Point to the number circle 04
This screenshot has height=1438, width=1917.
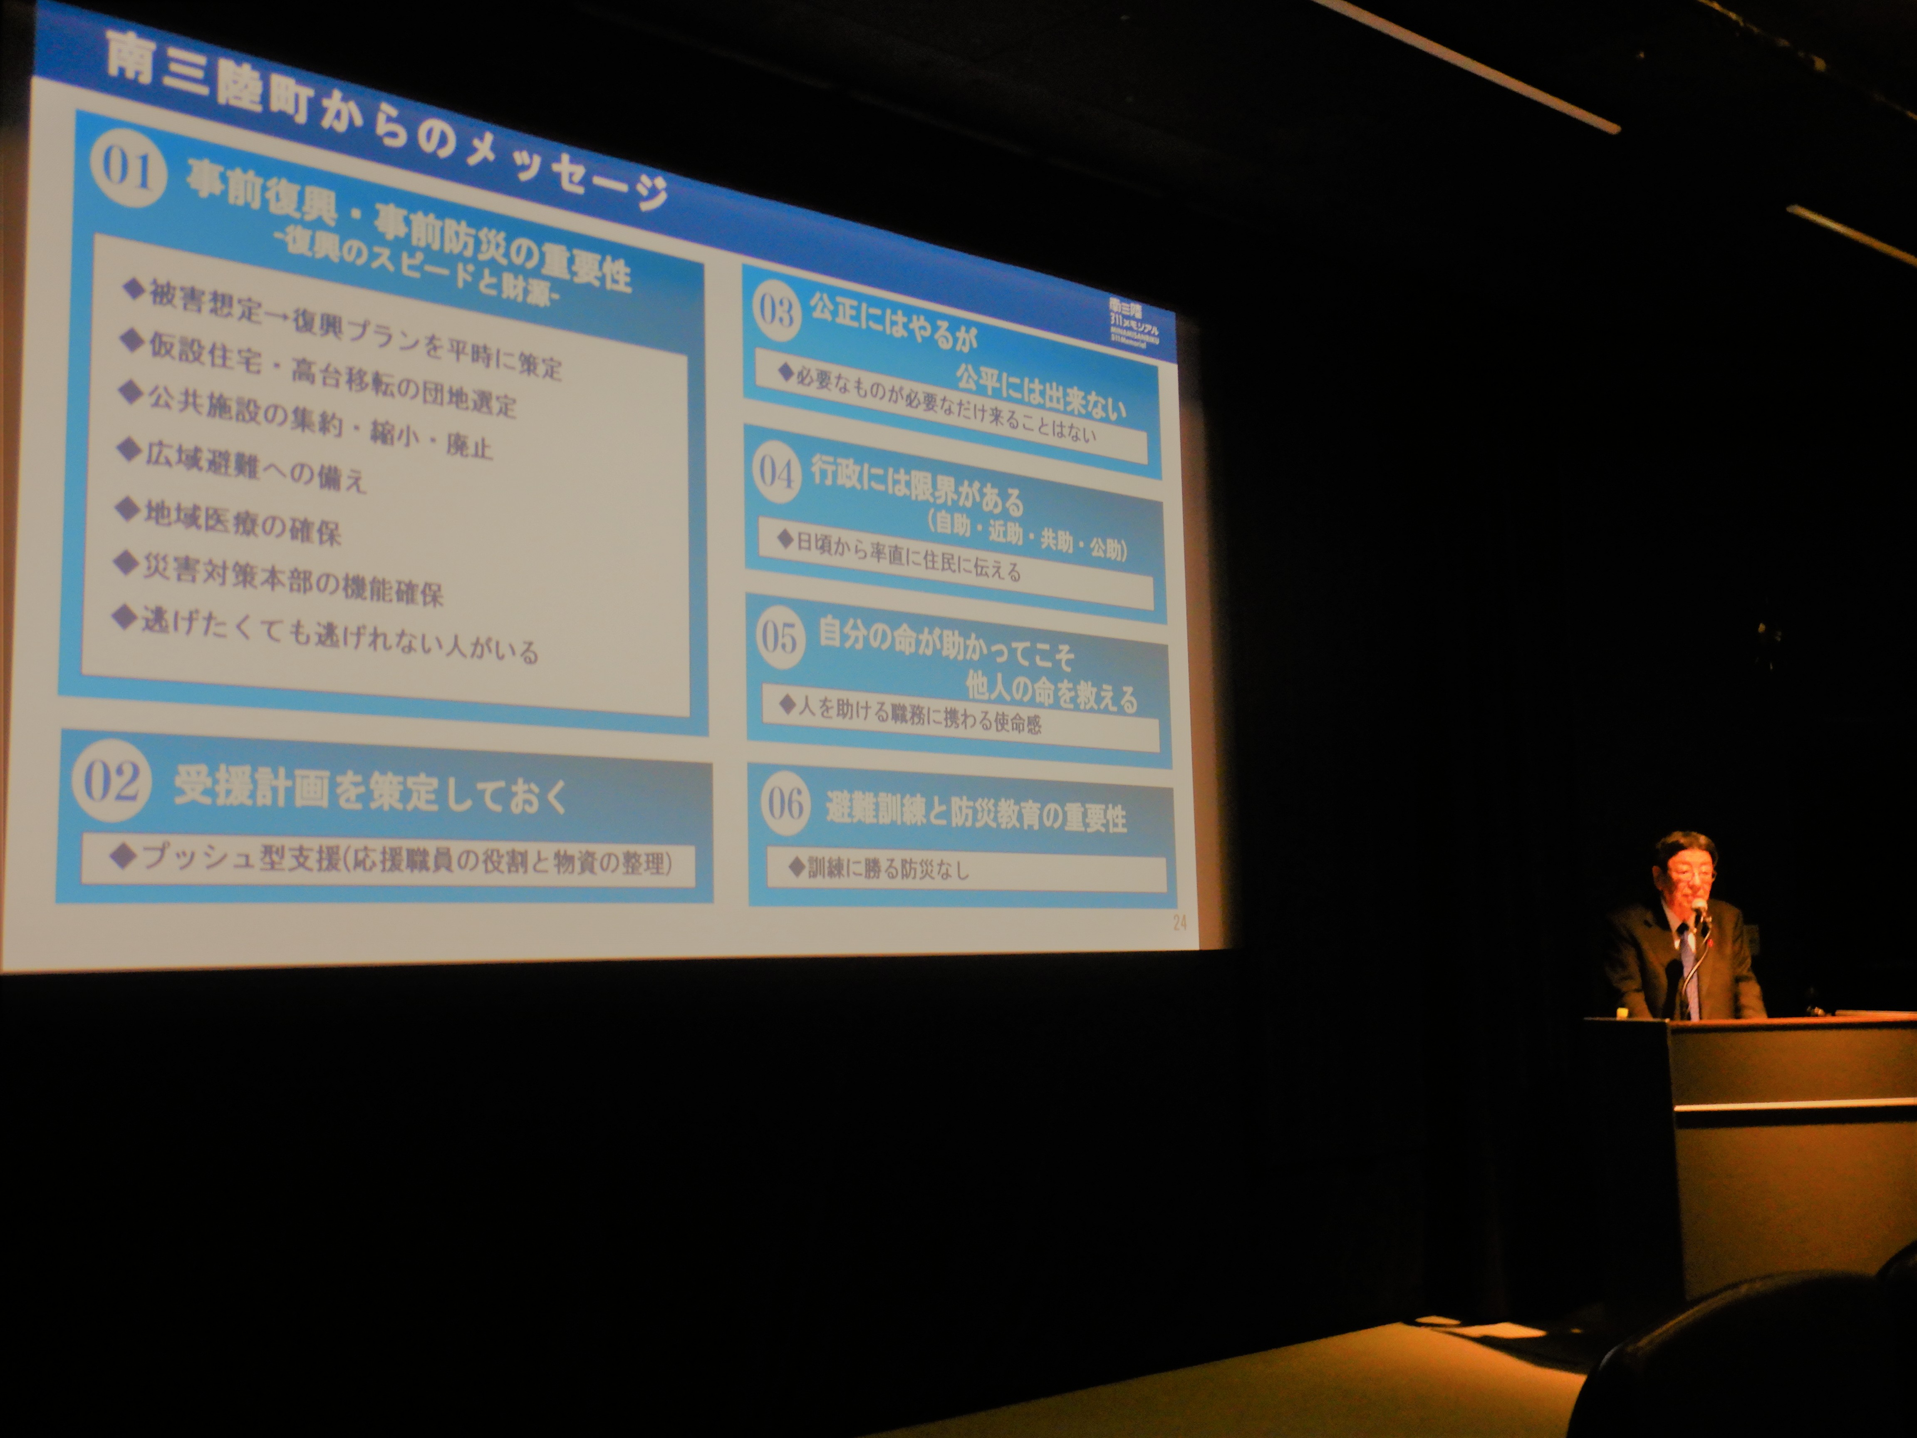[x=777, y=472]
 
